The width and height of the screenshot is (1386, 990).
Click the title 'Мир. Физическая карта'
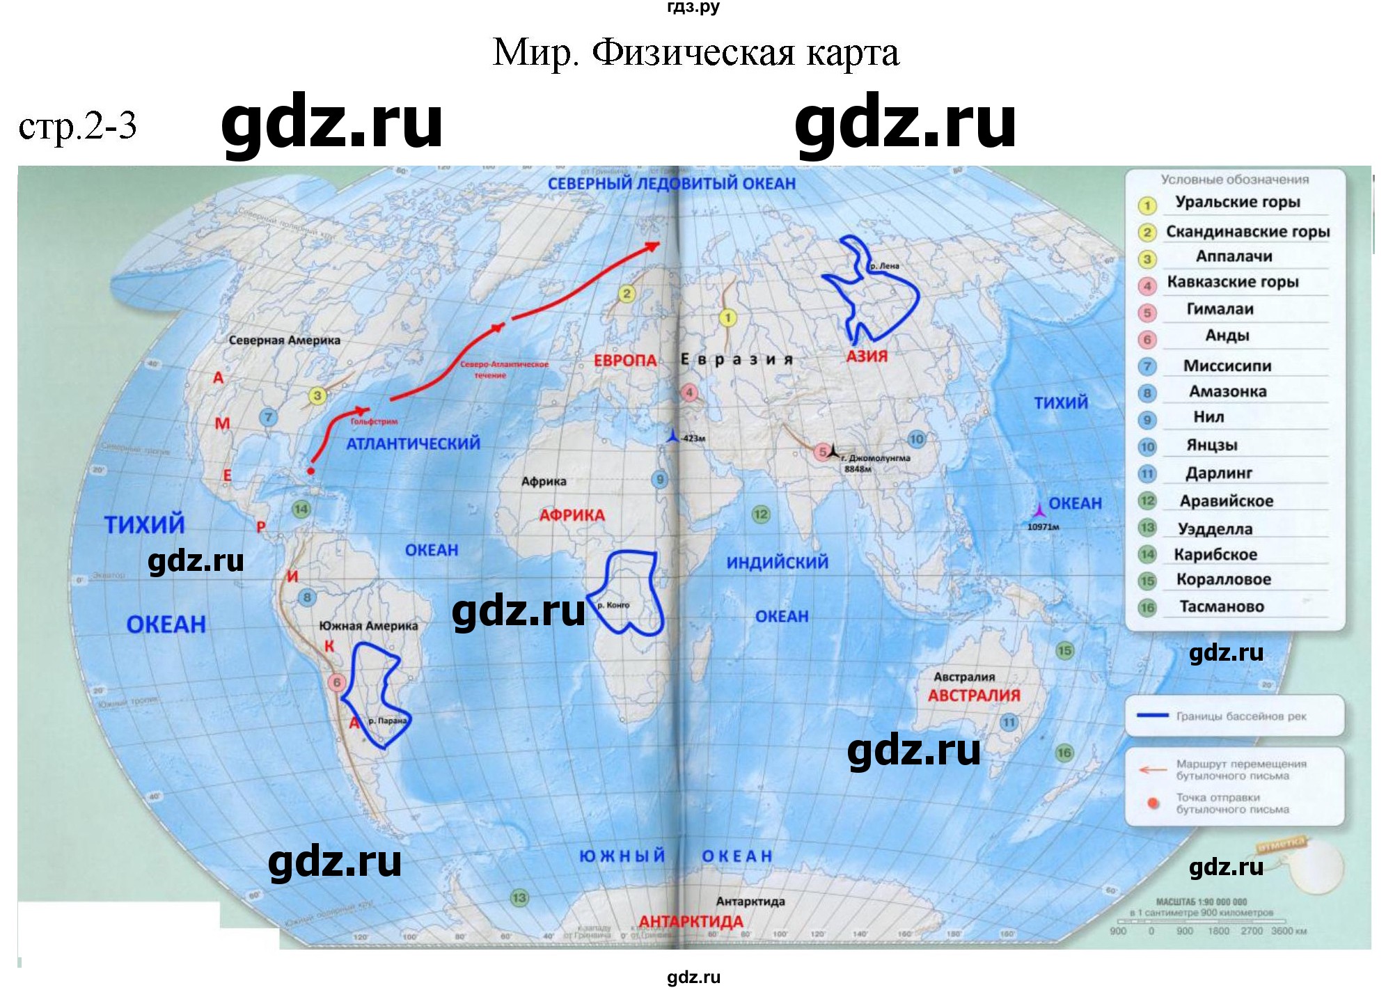pyautogui.click(x=695, y=52)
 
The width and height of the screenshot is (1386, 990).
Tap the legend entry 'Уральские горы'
pyautogui.click(x=1237, y=202)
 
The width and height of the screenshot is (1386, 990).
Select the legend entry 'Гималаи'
pyautogui.click(x=1220, y=308)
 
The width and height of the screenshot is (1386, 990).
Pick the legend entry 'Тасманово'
pyautogui.click(x=1221, y=606)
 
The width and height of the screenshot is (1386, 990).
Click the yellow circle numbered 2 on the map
pyautogui.click(x=627, y=294)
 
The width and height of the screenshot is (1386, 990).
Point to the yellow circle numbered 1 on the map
pyautogui.click(x=727, y=318)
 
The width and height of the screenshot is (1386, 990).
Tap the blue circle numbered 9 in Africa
pyautogui.click(x=659, y=479)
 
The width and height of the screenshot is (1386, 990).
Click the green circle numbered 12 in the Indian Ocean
pyautogui.click(x=760, y=514)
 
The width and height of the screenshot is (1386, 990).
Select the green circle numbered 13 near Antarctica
pyautogui.click(x=519, y=897)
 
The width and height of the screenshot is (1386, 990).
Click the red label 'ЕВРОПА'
pyautogui.click(x=625, y=361)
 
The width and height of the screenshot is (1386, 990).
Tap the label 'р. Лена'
pyautogui.click(x=884, y=266)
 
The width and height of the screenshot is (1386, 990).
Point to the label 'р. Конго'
pyautogui.click(x=613, y=605)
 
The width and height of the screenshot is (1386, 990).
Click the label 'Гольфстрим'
pyautogui.click(x=374, y=421)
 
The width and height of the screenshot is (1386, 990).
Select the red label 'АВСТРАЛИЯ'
pyautogui.click(x=973, y=695)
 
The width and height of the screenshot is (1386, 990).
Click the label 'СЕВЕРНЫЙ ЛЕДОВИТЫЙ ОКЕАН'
pyautogui.click(x=671, y=184)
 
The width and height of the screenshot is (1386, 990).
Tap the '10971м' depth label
pyautogui.click(x=1043, y=527)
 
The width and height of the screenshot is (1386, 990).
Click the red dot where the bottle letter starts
pyautogui.click(x=310, y=471)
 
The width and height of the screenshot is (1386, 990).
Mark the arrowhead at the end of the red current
pyautogui.click(x=653, y=244)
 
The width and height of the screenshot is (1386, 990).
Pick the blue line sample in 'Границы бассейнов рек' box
pyautogui.click(x=1151, y=715)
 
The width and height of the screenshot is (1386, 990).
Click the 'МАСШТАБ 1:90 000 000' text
pyautogui.click(x=1201, y=901)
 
